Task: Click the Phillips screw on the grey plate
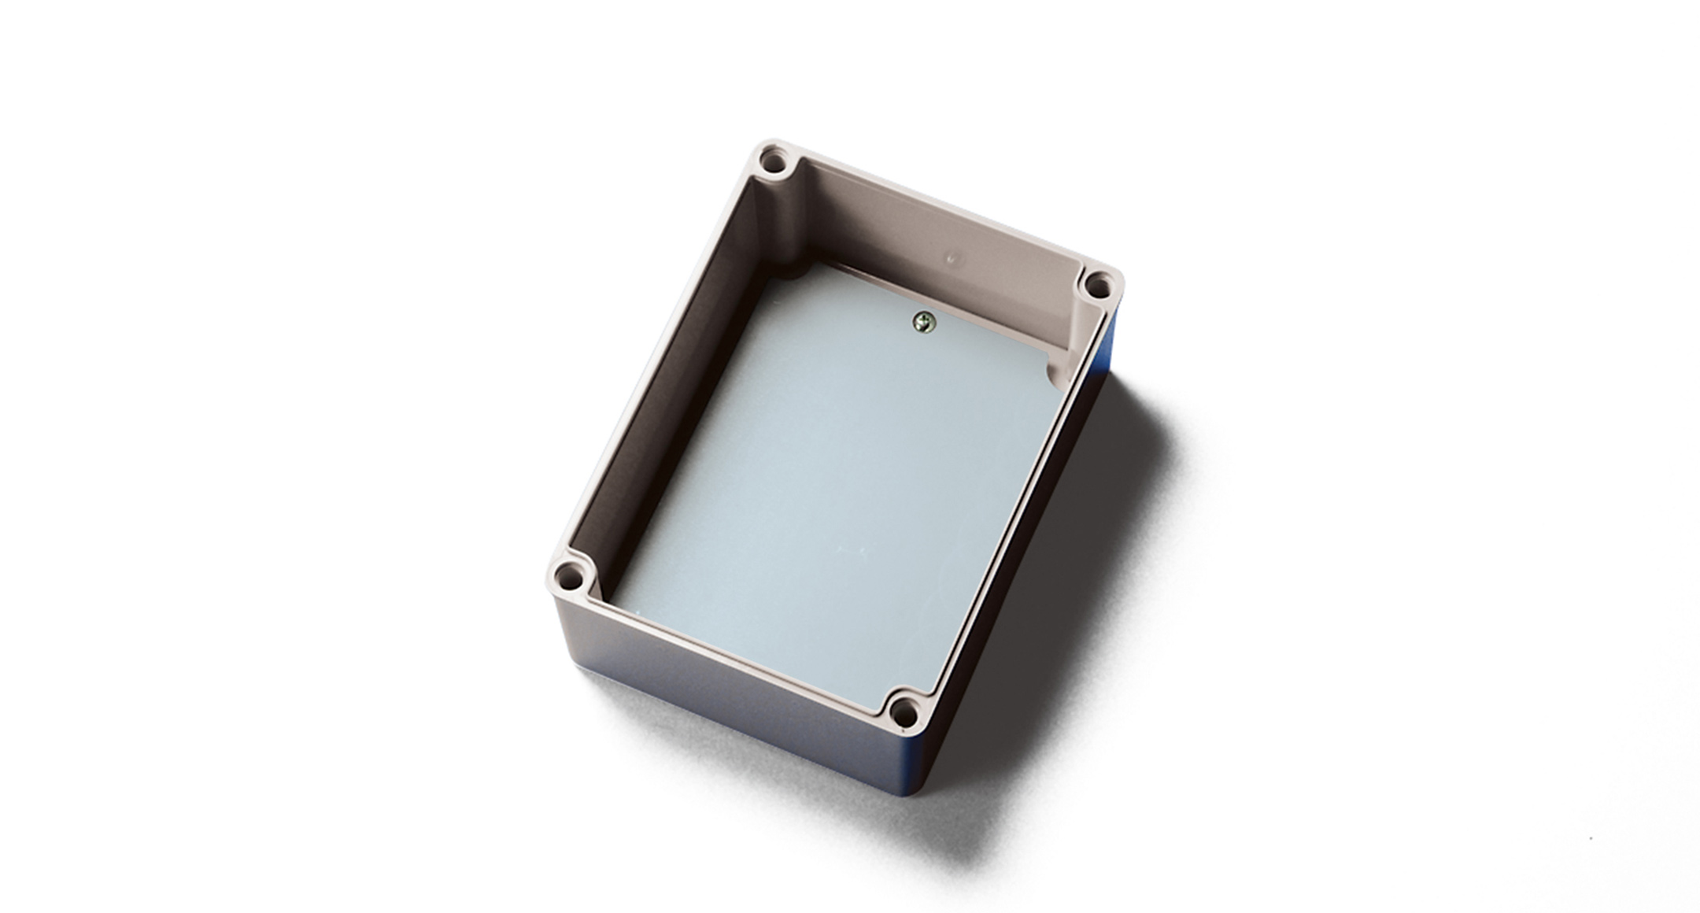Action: [923, 321]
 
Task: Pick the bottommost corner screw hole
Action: [904, 713]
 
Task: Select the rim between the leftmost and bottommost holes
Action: [732, 653]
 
